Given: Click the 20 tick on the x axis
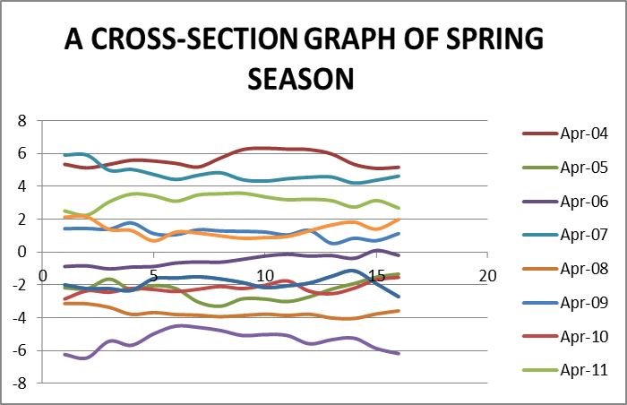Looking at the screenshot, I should pos(486,272).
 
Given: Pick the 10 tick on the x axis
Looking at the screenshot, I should pos(264,272).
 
